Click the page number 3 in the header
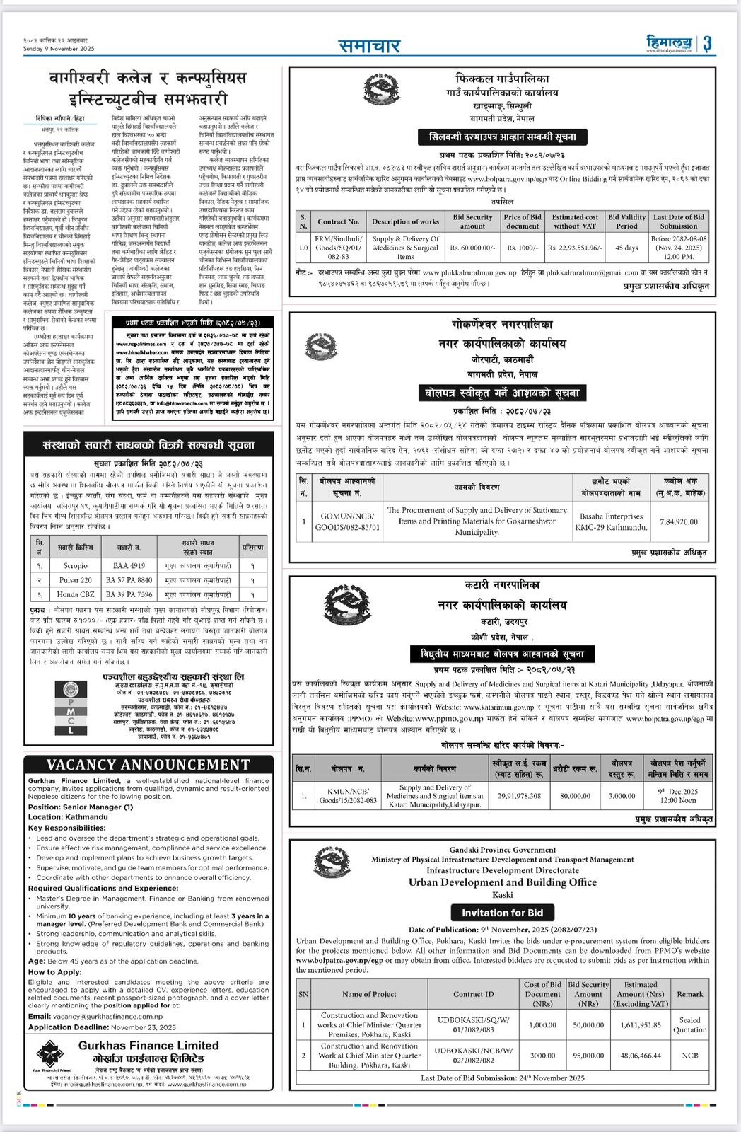point(707,44)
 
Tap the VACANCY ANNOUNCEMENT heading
point(148,765)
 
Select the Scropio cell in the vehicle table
point(76,566)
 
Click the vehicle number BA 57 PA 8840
point(129,580)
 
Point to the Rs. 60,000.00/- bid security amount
point(472,248)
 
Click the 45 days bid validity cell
point(626,248)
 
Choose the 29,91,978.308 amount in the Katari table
point(519,796)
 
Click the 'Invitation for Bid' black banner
point(502,913)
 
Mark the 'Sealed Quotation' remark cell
point(689,1025)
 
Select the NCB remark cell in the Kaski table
point(689,1056)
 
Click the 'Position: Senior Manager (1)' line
point(81,807)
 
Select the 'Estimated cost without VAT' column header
point(575,221)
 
